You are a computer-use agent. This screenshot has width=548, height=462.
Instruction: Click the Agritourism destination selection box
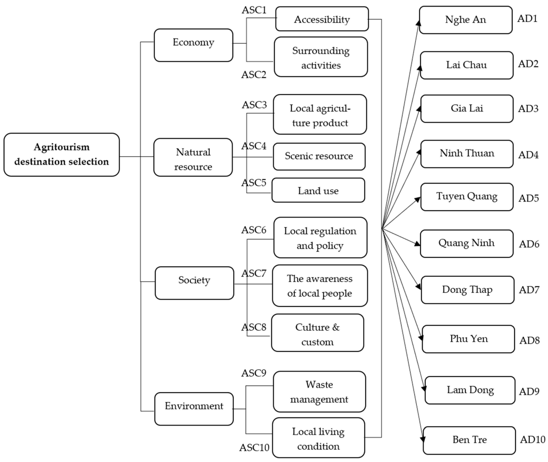pos(62,154)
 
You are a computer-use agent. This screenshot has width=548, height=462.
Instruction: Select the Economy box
pos(193,45)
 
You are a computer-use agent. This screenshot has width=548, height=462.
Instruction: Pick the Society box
pos(194,283)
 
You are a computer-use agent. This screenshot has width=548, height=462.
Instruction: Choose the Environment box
pos(194,409)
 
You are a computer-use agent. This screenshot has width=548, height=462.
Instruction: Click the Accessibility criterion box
pos(322,19)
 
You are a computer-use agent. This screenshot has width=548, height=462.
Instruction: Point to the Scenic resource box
pos(319,156)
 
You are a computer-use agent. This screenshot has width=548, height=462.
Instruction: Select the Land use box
pos(318,190)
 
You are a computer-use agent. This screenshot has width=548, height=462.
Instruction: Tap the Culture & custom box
pos(318,333)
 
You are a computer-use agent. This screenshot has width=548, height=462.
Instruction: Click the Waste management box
pos(319,392)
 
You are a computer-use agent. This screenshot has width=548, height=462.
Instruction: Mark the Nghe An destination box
pos(466,20)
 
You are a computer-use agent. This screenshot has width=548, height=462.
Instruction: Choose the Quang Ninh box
pos(467,244)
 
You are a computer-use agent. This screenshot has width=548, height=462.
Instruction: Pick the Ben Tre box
pos(469,440)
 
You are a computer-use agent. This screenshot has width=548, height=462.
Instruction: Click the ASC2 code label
pos(254,75)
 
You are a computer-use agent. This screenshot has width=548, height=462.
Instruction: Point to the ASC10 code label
pos(254,448)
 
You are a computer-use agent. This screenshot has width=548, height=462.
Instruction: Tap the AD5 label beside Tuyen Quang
pos(529,198)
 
